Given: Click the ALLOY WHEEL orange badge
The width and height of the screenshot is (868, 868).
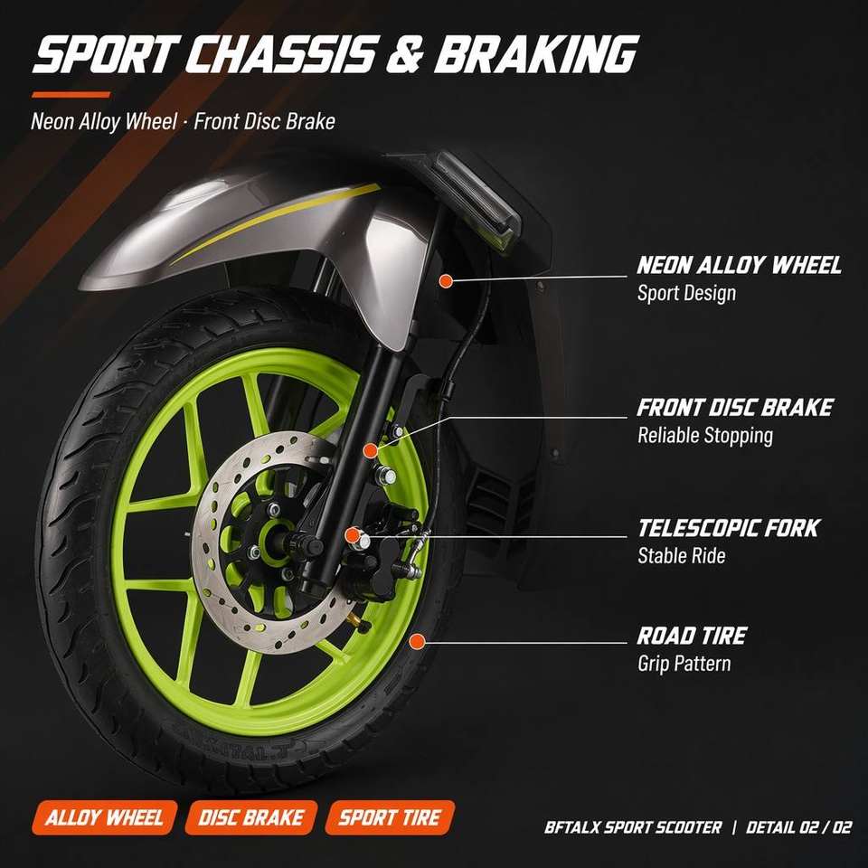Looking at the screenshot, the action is coord(105,817).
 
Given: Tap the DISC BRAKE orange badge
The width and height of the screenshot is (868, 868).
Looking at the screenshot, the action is coord(251,817).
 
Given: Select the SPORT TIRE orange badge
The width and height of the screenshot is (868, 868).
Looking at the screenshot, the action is coord(390,817).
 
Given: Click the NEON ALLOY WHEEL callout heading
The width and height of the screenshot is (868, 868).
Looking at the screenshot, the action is coord(739,265).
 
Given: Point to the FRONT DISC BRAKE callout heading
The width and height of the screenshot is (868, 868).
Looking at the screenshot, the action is coord(734,408).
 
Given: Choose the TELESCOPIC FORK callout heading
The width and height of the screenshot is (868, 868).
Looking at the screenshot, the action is coord(729,528).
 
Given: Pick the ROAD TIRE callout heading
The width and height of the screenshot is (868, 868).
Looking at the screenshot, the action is coord(692,636).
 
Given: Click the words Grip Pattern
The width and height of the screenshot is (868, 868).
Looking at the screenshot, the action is coord(684,663).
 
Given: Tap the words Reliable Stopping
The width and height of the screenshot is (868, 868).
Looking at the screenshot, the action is coord(705,436).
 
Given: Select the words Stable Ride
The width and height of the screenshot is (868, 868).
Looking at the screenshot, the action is coord(682,555).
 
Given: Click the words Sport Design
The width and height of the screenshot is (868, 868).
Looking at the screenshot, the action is coord(686,293).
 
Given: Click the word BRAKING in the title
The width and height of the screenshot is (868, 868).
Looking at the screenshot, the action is coord(536,54).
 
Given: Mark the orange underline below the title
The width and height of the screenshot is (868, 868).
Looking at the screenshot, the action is coord(71,95).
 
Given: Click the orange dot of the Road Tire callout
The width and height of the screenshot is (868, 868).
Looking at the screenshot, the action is coord(417,642).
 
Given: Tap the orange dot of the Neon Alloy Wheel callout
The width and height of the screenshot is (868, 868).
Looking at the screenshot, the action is coord(446,280).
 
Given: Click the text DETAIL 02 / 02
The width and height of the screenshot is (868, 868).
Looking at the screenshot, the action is coord(798,827).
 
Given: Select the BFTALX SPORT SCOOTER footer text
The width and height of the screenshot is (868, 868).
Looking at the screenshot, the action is coord(633,827).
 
